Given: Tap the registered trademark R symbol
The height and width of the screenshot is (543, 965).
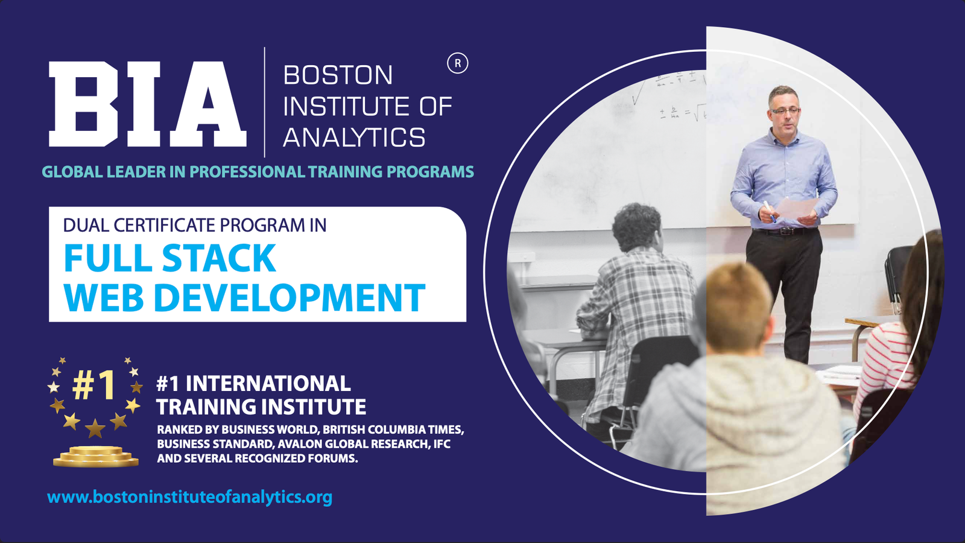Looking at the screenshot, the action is point(458,63).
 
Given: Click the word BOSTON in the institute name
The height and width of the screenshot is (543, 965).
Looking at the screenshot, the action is point(338,75).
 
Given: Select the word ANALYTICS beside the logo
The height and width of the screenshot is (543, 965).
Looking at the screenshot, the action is point(354,137).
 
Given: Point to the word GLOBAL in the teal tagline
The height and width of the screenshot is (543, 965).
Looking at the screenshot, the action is point(72,171).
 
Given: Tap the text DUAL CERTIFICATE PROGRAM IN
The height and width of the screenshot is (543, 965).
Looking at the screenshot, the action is point(195,225).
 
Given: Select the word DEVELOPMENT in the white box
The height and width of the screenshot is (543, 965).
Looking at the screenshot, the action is point(289,297).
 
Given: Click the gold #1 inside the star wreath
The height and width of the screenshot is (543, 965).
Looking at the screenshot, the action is point(93,384).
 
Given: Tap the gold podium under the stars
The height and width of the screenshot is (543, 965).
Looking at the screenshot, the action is point(96,456).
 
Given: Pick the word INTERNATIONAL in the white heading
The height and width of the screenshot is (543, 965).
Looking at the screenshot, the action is point(268,383).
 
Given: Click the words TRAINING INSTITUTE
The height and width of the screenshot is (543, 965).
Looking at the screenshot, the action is point(261,407).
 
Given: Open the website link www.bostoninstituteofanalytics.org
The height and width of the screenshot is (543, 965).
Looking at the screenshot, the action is point(189,497).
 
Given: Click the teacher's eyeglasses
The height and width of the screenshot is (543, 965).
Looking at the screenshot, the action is point(785,111).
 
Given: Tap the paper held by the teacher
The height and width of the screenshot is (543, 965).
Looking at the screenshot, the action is point(796,208).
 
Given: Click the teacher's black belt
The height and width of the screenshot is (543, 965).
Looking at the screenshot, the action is point(785,231).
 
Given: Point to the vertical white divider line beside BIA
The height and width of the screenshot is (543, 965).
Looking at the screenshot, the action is point(265,102).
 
